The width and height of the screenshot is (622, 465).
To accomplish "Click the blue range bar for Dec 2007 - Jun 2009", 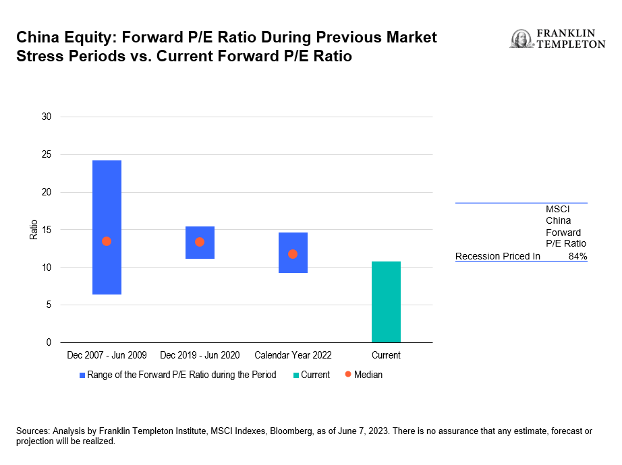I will pos(107,227).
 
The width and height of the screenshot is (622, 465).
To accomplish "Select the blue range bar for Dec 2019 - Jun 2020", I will pos(200,243).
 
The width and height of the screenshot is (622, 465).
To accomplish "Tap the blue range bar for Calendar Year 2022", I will pos(293,253).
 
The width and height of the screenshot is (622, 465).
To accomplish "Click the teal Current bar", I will pos(386,302).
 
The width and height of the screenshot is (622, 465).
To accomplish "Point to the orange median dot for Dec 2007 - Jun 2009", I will pos(107,241).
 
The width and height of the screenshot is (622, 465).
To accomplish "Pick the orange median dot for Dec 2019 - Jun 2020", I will pos(200,242).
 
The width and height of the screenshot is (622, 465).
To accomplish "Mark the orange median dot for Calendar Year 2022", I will pos(293,254).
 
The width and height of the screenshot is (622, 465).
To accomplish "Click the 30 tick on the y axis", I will pos(47,117).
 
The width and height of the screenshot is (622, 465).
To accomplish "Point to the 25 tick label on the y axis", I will pos(47,155).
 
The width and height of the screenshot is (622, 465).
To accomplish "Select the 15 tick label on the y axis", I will pos(47,230).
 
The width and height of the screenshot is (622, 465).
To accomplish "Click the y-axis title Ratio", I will pos(34,230).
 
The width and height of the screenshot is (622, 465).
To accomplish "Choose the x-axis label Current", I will pos(386,355).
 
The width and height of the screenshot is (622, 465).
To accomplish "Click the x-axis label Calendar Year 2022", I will pos(293,355).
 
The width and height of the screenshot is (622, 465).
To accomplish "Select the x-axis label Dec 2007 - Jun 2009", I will pos(107,355).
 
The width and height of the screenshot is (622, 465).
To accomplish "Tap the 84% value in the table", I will pos(577,256).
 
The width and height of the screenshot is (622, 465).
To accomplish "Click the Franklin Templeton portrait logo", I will pos(521,39).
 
